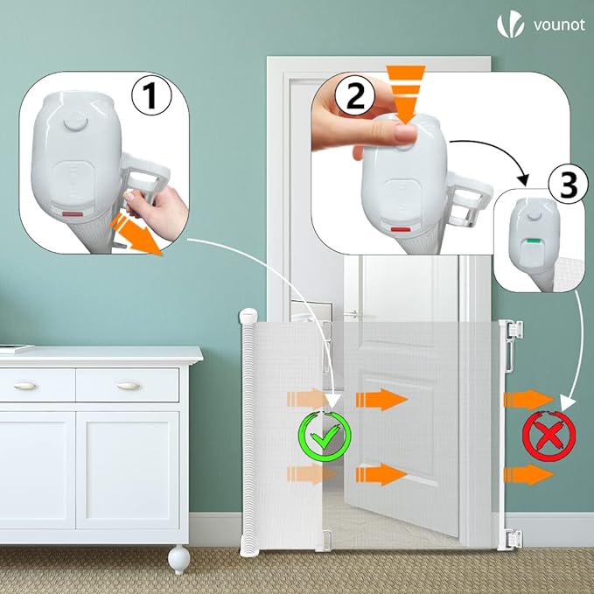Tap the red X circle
tap(549, 433)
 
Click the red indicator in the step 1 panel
tap(71, 212)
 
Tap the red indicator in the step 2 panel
tap(401, 230)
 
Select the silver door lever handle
tap(354, 313)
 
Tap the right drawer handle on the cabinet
tap(129, 386)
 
